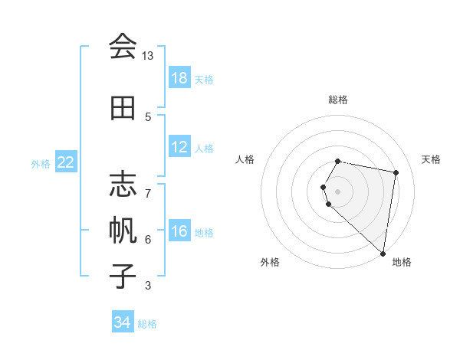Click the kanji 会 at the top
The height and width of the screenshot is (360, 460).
tap(122, 47)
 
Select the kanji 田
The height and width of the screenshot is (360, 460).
tap(122, 108)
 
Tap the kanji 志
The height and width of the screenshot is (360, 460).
tap(122, 185)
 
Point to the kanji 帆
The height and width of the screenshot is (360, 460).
tap(122, 231)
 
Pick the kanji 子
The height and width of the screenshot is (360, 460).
tap(122, 276)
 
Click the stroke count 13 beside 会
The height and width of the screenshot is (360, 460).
tap(148, 56)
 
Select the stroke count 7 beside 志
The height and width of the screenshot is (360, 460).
tap(148, 185)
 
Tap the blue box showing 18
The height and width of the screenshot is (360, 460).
tap(179, 78)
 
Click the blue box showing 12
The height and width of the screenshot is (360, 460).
tap(179, 147)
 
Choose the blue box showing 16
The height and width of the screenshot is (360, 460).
tap(179, 231)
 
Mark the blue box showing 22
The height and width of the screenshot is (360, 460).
tap(66, 162)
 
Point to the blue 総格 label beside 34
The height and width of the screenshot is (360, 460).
tap(148, 324)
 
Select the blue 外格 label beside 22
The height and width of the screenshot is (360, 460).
tap(41, 163)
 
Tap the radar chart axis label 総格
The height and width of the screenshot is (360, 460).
tap(338, 100)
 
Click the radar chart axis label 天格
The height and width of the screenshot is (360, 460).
tap(431, 159)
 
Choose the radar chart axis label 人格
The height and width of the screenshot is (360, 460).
tap(245, 159)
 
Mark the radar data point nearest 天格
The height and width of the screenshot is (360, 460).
tap(396, 173)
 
